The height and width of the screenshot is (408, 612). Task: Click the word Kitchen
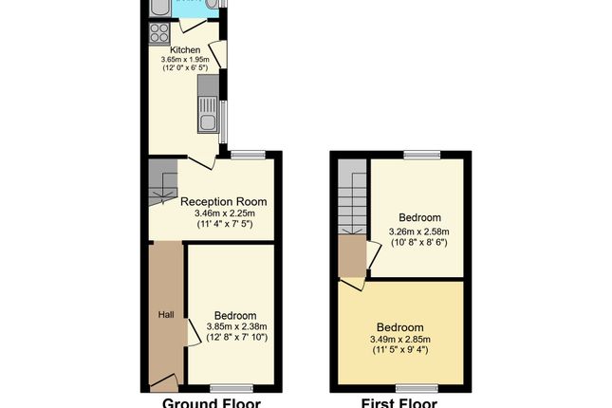(185, 49)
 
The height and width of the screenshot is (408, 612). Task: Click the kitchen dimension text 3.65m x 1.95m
(185, 60)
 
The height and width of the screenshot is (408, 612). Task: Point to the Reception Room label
(223, 202)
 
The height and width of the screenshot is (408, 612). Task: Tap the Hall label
(165, 315)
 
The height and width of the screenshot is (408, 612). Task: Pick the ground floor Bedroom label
(233, 316)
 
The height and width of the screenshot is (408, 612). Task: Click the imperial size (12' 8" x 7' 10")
(233, 338)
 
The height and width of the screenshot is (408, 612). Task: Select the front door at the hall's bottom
(163, 382)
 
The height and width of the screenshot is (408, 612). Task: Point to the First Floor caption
(399, 402)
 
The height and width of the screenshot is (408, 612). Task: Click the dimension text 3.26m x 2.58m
(418, 232)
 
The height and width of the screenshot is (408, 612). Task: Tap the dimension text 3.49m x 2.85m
(399, 340)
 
